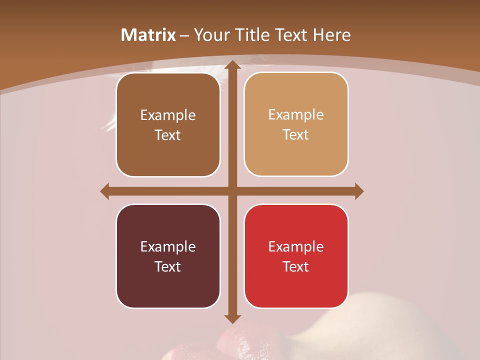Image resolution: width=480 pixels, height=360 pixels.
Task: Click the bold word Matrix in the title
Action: coord(148,35)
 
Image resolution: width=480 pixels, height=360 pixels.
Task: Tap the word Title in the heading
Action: coord(251,35)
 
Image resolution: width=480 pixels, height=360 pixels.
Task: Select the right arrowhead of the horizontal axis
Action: coord(359,191)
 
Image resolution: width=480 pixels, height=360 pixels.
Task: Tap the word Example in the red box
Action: coord(296,246)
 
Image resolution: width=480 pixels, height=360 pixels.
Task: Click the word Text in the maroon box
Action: coord(168,266)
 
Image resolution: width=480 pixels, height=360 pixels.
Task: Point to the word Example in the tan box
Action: coord(296,115)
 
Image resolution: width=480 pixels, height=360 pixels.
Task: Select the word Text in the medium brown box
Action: coord(168,135)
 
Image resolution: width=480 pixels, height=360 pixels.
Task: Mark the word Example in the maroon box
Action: coord(168,246)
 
